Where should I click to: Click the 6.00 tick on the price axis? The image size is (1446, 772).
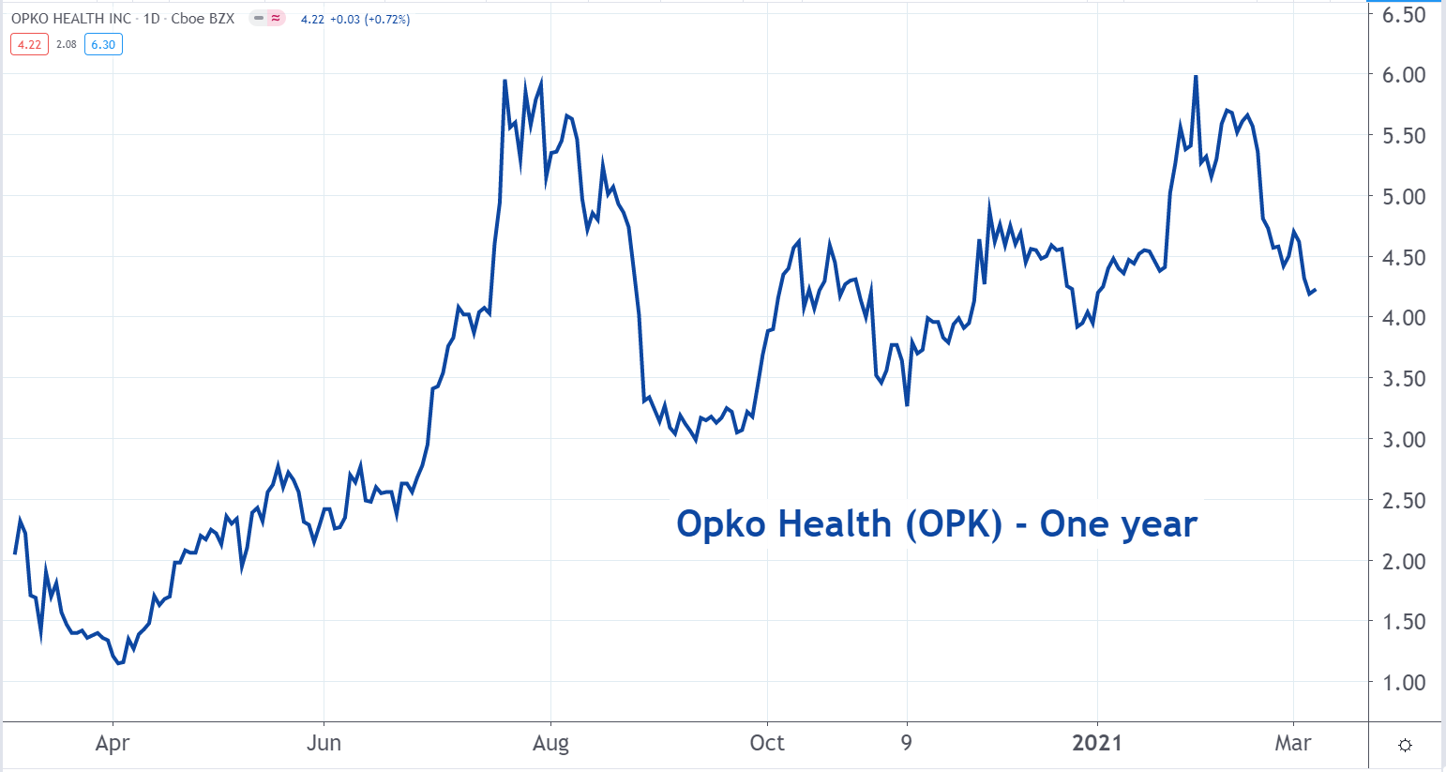[1405, 75]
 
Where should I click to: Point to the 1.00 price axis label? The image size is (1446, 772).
[1405, 683]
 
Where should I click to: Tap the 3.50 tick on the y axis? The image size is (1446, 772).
[1405, 379]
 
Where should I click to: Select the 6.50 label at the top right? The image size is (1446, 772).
[1405, 15]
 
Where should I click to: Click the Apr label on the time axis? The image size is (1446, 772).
[113, 744]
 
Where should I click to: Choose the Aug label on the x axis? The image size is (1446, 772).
[550, 744]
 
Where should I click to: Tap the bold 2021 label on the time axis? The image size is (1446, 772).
[1097, 744]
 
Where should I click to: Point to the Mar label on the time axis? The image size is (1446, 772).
[1293, 744]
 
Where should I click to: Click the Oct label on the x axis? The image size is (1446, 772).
[767, 744]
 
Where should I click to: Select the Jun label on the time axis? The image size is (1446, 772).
[324, 744]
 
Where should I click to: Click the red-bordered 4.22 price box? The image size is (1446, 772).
[29, 44]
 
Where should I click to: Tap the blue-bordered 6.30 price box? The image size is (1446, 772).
[103, 44]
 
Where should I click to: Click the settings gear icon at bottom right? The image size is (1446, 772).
[1405, 746]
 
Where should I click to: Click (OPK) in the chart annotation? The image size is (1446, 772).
[954, 524]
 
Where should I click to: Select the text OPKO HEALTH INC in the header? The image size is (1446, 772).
[71, 19]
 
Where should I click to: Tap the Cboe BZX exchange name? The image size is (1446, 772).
[203, 19]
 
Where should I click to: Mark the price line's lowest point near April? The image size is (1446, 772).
[119, 663]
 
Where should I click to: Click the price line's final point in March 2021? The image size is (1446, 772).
[1315, 290]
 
